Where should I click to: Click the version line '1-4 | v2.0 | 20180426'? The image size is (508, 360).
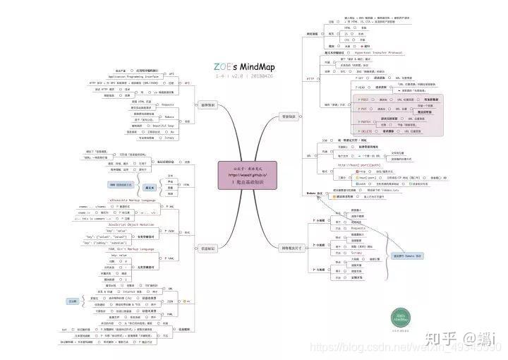[243, 76]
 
